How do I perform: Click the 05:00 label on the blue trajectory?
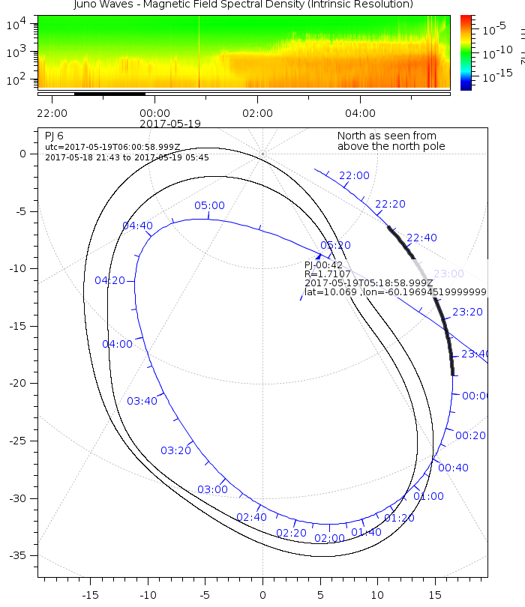click(x=209, y=205)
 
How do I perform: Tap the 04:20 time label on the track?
click(x=109, y=280)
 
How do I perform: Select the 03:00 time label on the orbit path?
click(x=212, y=489)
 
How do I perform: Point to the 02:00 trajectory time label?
click(x=329, y=538)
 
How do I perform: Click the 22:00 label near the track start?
click(x=354, y=175)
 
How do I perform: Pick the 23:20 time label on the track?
click(x=467, y=312)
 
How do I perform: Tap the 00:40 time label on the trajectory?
click(x=453, y=468)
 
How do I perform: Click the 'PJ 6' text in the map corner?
click(x=54, y=136)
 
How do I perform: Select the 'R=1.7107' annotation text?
click(x=325, y=274)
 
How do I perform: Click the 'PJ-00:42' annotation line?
click(x=323, y=265)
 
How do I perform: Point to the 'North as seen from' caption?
click(x=386, y=136)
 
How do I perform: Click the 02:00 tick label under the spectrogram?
click(x=257, y=113)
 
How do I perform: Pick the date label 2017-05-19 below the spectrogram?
click(x=170, y=123)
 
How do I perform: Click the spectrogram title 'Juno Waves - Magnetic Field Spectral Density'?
click(x=243, y=5)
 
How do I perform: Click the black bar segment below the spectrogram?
click(x=109, y=94)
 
